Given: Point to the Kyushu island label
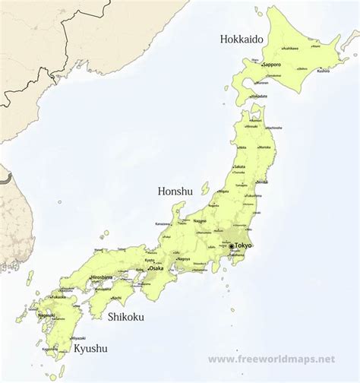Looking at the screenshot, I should click(x=90, y=349).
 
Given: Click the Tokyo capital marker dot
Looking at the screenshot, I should click(x=231, y=246).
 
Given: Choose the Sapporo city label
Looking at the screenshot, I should click(x=273, y=65).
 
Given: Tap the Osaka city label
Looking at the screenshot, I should click(x=156, y=268).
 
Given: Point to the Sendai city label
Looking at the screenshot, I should click(x=262, y=182).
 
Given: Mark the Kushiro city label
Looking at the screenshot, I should click(x=323, y=71).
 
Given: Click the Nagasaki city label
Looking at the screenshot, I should click(x=46, y=315).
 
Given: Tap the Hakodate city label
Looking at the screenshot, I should click(x=258, y=97).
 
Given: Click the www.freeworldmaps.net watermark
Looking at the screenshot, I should click(x=271, y=358).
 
